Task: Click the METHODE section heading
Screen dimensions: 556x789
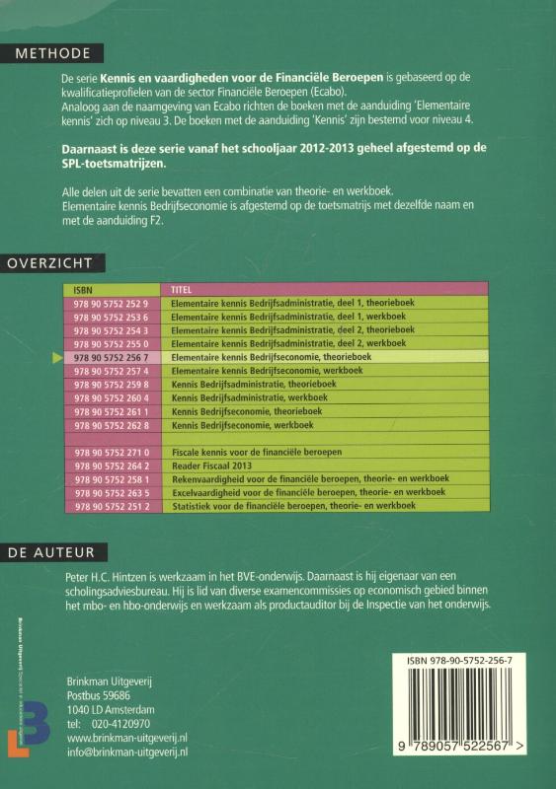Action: point(46,52)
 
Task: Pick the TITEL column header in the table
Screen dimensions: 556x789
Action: point(181,290)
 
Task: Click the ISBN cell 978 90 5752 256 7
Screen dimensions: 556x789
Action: point(111,356)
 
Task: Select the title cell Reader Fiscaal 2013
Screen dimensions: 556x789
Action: point(209,465)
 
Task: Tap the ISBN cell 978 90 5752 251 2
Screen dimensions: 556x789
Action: point(111,505)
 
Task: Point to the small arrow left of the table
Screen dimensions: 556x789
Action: point(56,356)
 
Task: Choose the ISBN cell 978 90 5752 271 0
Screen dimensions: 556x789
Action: point(111,451)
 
